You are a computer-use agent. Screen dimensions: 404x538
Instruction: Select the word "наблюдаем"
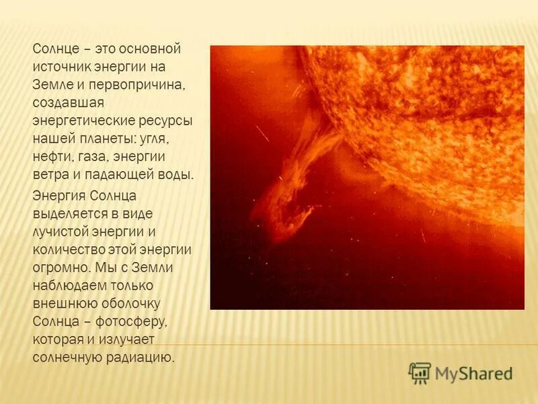coord(68,284)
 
